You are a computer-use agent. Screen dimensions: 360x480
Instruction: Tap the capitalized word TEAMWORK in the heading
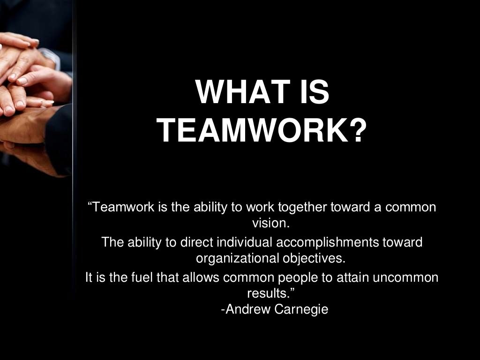tap(251, 131)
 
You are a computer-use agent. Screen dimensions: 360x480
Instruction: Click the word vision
tap(271, 223)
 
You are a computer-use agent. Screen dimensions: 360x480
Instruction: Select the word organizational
tap(237, 258)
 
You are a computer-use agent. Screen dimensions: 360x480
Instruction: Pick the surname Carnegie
tap(301, 310)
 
